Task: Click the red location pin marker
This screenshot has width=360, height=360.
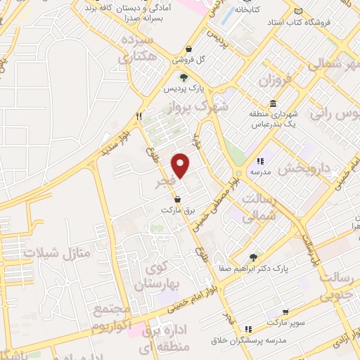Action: [x=181, y=165]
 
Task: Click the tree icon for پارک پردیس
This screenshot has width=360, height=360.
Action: [x=184, y=77]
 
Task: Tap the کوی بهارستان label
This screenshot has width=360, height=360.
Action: [x=166, y=276]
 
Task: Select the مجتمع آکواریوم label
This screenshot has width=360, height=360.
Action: [x=110, y=319]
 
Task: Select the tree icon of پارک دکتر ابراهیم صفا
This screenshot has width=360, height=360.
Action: [x=253, y=257]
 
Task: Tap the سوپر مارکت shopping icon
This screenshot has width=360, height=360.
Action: [x=285, y=312]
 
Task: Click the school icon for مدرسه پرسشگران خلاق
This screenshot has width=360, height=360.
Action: [x=247, y=329]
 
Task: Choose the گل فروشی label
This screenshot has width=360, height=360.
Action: [x=200, y=60]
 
